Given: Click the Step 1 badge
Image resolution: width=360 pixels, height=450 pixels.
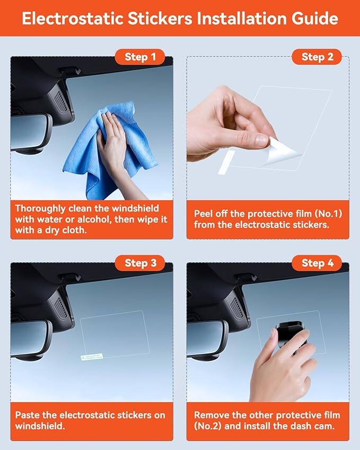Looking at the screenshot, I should click(140, 57).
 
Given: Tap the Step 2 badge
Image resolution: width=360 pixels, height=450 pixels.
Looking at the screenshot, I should click(317, 57).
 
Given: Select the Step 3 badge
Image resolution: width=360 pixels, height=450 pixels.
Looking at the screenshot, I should click(140, 263).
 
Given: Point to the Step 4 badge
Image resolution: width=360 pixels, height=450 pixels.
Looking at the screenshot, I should click(317, 263).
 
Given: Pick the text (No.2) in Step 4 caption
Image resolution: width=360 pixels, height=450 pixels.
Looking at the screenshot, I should click(208, 426).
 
